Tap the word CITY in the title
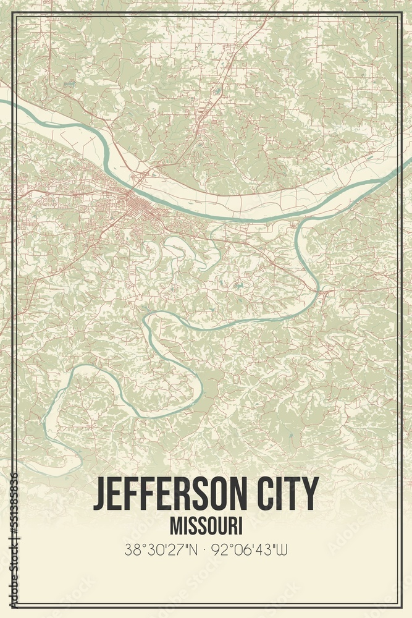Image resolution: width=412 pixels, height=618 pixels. click(288, 494)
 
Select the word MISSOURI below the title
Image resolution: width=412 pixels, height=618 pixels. click(206, 526)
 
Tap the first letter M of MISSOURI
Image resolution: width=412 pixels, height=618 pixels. click(175, 526)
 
